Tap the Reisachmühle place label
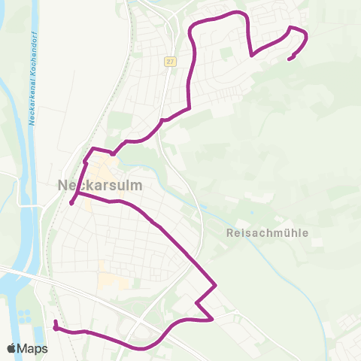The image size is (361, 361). pyautogui.click(x=268, y=233)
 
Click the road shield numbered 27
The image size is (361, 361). pyautogui.click(x=171, y=62)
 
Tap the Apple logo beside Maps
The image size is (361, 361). pyautogui.click(x=11, y=348)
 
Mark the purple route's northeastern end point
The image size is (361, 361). pyautogui.click(x=290, y=58)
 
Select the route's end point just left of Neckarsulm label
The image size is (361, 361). pyautogui.click(x=71, y=202)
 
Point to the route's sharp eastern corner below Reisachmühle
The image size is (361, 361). pyautogui.click(x=217, y=285)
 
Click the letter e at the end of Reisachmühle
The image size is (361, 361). pyautogui.click(x=306, y=233)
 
